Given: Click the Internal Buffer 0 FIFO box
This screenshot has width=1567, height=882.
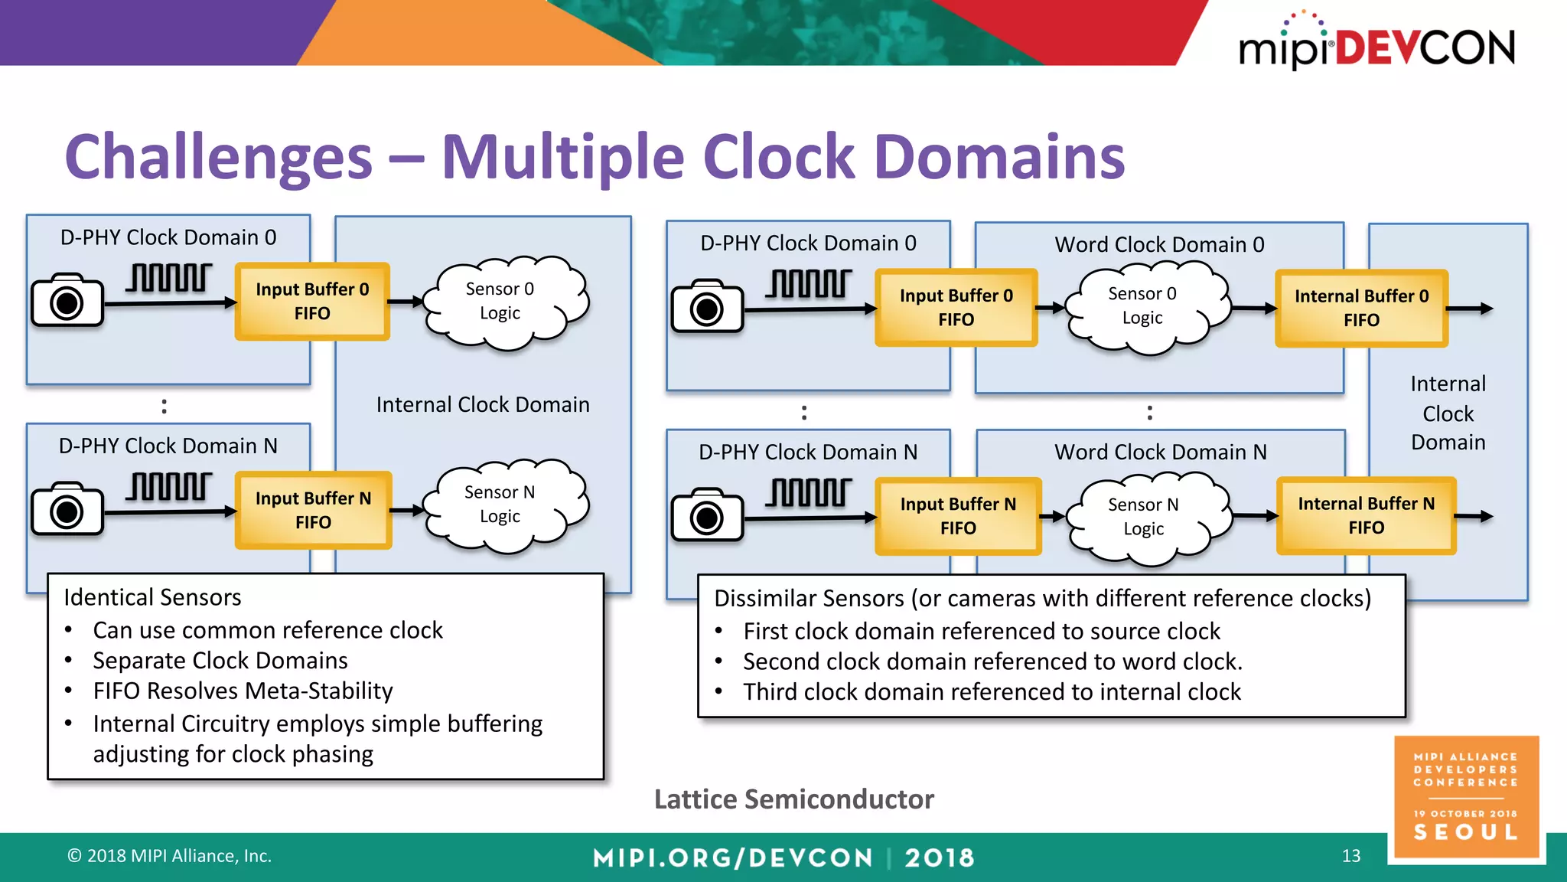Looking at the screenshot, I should pyautogui.click(x=1361, y=308).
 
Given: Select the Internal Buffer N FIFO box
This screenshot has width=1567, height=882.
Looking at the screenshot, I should pyautogui.click(x=1366, y=515).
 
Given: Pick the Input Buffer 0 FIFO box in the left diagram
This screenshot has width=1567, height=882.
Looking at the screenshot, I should pyautogui.click(x=312, y=301).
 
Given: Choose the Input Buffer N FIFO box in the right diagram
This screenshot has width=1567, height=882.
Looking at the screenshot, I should pyautogui.click(x=958, y=516).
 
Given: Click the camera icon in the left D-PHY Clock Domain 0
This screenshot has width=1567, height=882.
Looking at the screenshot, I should pyautogui.click(x=67, y=300).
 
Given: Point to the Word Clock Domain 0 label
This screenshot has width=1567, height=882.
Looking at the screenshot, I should pyautogui.click(x=1159, y=245).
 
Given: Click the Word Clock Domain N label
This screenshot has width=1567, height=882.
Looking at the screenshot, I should pyautogui.click(x=1160, y=452).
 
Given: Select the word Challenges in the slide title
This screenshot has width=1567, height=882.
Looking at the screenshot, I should pyautogui.click(x=219, y=157).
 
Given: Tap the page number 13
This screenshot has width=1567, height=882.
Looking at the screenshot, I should pyautogui.click(x=1351, y=856).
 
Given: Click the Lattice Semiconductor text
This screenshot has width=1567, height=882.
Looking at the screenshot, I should pyautogui.click(x=793, y=799).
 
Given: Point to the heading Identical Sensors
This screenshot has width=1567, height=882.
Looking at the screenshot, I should pyautogui.click(x=152, y=597).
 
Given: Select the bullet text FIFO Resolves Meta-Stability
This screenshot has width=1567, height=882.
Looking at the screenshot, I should pyautogui.click(x=243, y=691).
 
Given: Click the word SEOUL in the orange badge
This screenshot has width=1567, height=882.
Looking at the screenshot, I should pyautogui.click(x=1465, y=833).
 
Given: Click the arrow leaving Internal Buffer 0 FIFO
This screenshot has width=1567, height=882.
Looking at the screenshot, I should pyautogui.click(x=1470, y=309).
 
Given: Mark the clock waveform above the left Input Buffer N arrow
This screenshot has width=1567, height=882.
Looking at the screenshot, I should pyautogui.click(x=169, y=486).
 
